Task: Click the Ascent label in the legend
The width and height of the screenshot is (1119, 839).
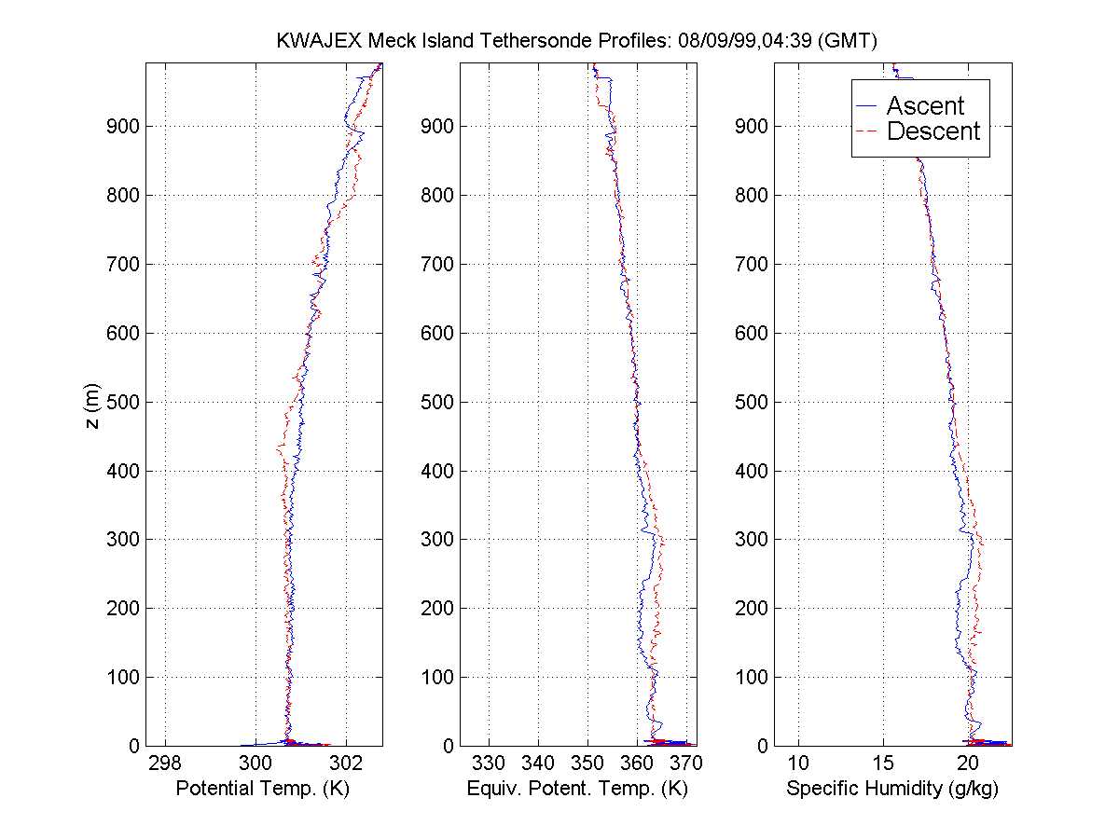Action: (x=925, y=106)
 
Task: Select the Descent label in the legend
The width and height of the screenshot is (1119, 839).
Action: (x=932, y=131)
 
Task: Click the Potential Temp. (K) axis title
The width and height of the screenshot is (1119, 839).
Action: (x=264, y=789)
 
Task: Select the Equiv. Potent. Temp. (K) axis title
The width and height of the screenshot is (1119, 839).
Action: (x=577, y=789)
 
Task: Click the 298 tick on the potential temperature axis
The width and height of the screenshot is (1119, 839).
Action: (x=166, y=763)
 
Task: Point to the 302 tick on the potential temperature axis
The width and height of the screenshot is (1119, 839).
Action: (x=346, y=763)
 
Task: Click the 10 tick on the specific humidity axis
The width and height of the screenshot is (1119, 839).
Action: (x=798, y=763)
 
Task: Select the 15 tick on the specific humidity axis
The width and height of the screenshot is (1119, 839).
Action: (x=884, y=763)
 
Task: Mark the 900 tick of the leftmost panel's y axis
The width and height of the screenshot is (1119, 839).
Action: (x=123, y=126)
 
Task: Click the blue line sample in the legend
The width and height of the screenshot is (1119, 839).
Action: (x=868, y=106)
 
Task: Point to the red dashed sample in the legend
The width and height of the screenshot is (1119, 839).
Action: (x=868, y=131)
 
